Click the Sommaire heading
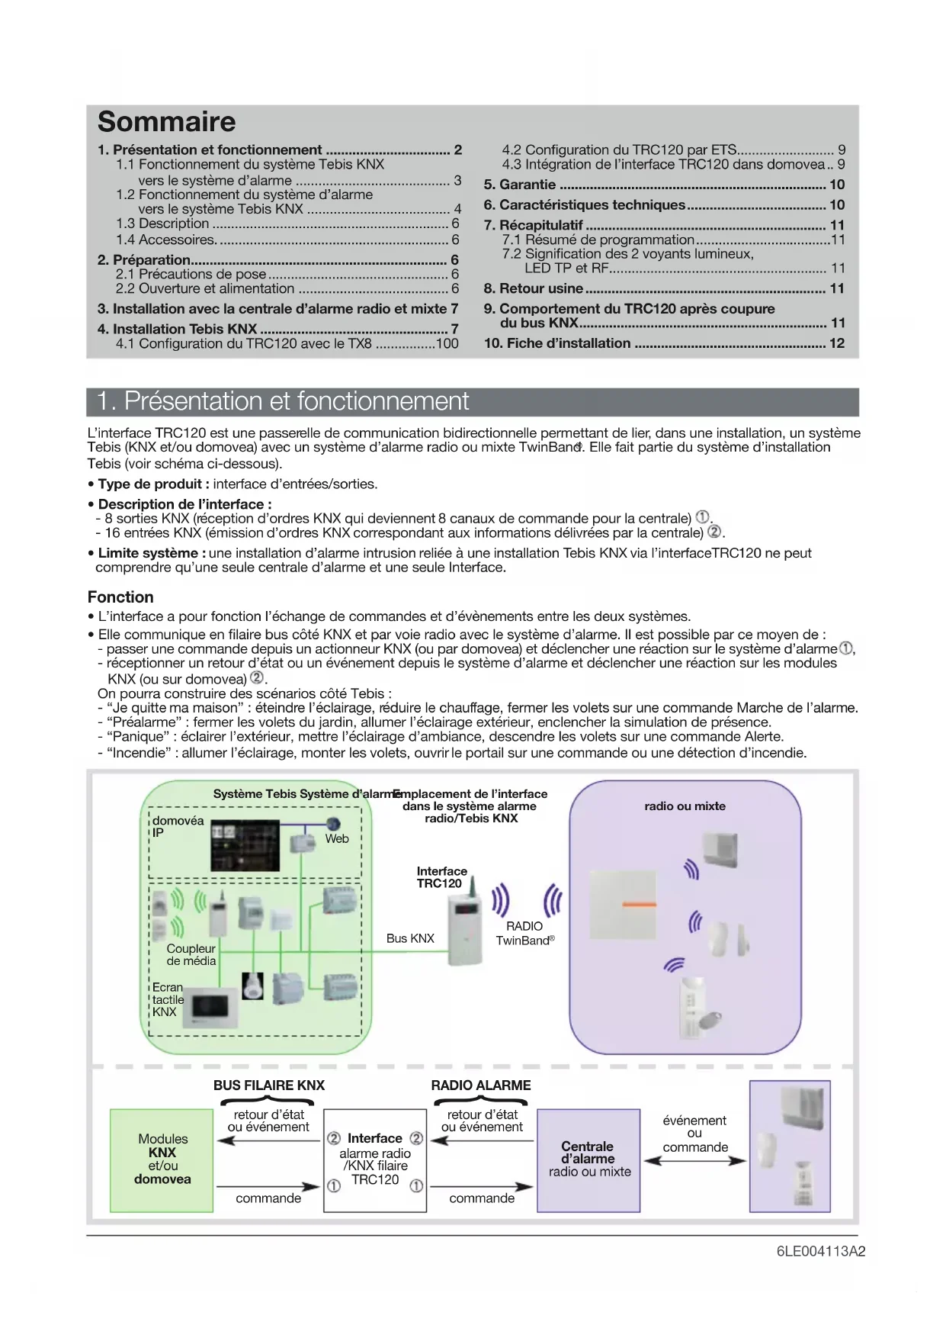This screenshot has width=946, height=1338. click(167, 122)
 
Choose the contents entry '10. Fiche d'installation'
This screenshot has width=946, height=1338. click(557, 343)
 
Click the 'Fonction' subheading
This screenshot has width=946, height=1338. click(120, 597)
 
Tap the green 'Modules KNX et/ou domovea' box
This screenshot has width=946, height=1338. click(162, 1159)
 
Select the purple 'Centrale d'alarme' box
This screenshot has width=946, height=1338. click(588, 1159)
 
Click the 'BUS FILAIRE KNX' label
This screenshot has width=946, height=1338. click(268, 1086)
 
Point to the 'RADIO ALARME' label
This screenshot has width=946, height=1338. click(481, 1086)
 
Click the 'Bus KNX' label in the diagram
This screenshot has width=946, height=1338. click(410, 938)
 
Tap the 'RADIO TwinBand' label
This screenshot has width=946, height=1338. click(525, 934)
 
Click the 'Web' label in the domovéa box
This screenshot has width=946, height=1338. click(337, 839)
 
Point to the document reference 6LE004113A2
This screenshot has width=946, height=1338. click(820, 1252)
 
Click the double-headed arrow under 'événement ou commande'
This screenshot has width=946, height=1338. click(694, 1161)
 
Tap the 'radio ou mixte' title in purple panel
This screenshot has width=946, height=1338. click(685, 806)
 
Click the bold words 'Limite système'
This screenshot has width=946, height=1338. click(148, 553)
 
